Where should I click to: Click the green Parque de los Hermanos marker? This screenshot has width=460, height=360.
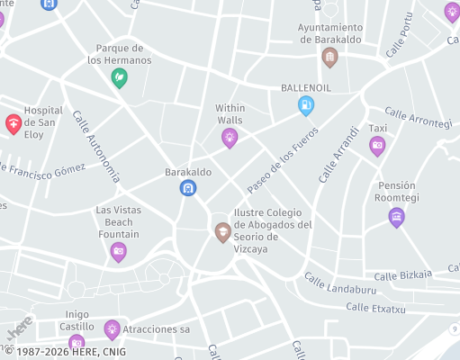[x=119, y=78]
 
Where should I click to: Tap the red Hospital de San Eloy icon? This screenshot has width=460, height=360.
[x=14, y=123]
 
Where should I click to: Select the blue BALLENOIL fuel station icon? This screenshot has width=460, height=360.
[x=307, y=105]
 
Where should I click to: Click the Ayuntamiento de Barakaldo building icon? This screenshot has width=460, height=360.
[x=329, y=57]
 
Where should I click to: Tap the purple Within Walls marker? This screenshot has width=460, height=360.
[x=230, y=137]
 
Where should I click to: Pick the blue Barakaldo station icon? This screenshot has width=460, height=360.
[x=187, y=187]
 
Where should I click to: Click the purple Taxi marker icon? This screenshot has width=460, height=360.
[x=377, y=145]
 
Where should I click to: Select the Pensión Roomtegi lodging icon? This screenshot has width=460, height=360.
[x=396, y=216]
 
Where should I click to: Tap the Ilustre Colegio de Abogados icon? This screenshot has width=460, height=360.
[x=221, y=232]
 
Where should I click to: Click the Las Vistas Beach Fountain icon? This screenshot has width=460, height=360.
[x=118, y=251]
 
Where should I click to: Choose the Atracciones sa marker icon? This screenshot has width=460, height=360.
[x=112, y=329]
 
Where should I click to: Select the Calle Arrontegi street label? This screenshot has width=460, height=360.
[x=418, y=118]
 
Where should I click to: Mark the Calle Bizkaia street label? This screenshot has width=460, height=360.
[x=402, y=274]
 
